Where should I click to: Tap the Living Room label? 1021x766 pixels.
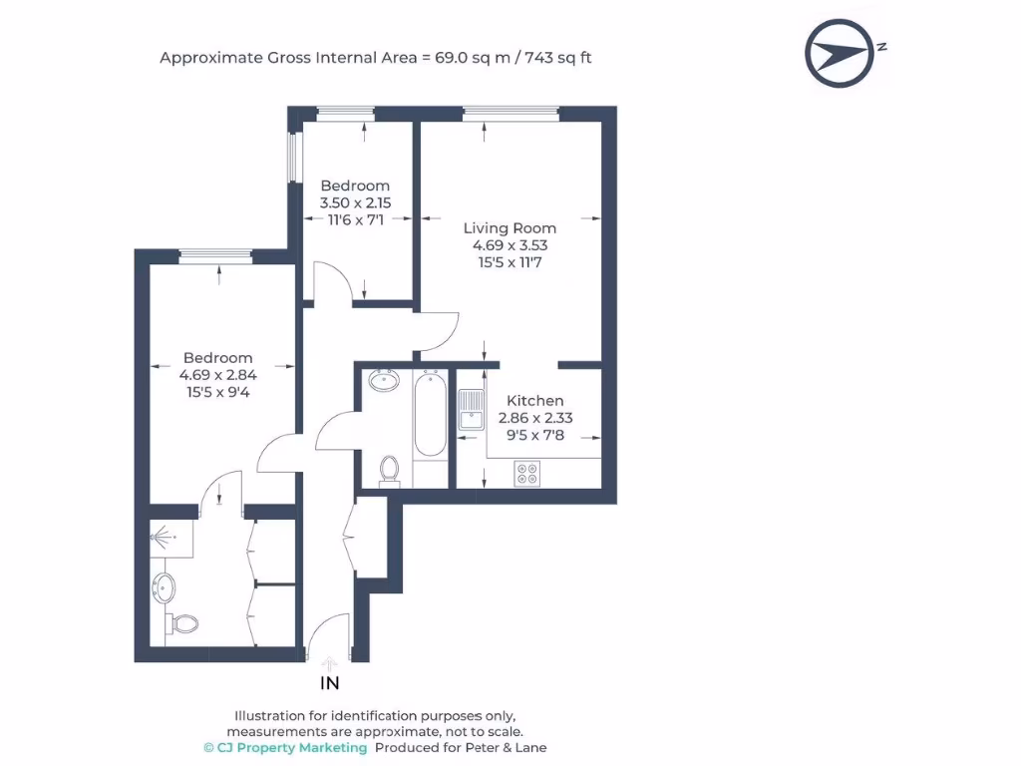pos(510,228)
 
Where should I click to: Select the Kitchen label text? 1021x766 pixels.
pos(535,401)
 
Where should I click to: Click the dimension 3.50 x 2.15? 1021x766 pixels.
pos(355,202)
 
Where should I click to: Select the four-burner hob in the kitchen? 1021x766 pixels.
pos(526,474)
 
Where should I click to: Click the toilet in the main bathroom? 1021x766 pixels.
pos(390,468)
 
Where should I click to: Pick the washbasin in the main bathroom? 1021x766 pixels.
pos(383,380)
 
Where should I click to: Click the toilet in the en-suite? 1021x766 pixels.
pos(182,623)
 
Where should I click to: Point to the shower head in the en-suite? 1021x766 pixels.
pos(160,537)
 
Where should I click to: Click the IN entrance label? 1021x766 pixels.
pos(329,684)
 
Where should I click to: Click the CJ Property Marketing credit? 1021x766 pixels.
pos(285,747)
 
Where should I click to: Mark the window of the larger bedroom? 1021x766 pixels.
pos(215,256)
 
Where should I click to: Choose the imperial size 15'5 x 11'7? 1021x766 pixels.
pos(510,262)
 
